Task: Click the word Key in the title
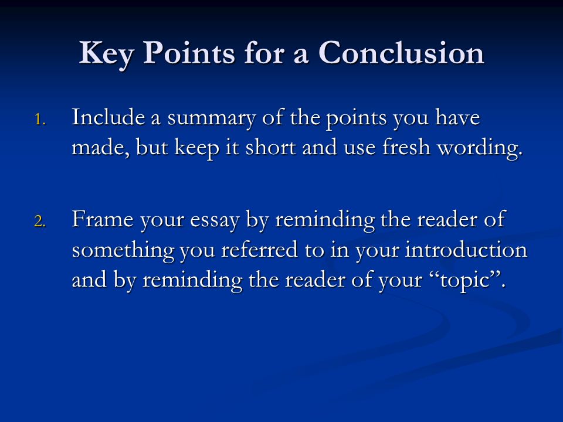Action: (106, 54)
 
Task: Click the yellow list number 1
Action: (40, 120)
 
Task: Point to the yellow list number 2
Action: (40, 222)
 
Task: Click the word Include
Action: (108, 117)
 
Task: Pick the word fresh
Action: (406, 147)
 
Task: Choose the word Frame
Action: (103, 219)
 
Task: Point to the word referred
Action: (260, 249)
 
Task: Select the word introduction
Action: (466, 249)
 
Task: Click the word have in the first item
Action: (458, 117)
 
